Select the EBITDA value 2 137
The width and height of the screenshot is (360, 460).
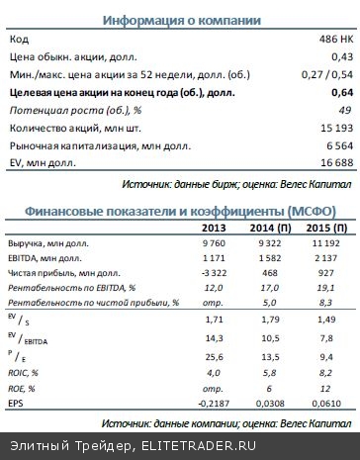[326, 260]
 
